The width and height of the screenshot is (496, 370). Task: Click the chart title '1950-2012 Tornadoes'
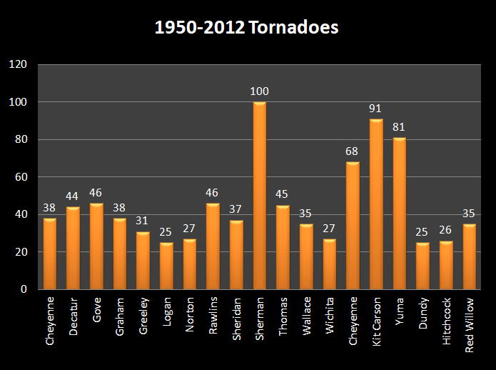248,28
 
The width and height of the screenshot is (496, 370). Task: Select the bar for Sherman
259,196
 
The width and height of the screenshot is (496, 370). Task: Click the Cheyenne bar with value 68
353,226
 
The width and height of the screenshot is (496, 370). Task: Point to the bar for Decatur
73,248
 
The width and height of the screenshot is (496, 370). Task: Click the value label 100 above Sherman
259,91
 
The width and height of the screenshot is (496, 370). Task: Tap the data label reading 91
376,109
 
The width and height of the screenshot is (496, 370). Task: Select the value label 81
399,127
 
